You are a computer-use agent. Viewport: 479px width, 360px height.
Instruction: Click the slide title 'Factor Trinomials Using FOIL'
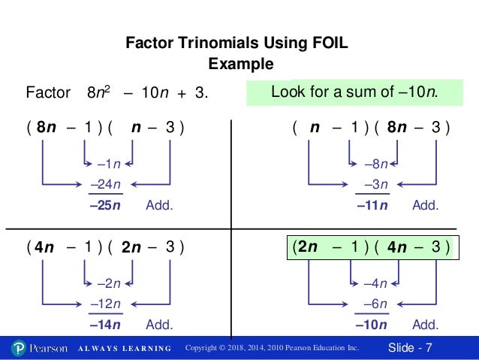point(239,44)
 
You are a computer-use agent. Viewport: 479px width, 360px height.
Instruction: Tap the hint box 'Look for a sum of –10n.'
point(354,93)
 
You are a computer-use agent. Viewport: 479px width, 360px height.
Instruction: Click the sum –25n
point(104,204)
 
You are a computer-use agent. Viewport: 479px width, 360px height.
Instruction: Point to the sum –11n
point(371,204)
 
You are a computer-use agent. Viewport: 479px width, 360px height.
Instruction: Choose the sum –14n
point(104,325)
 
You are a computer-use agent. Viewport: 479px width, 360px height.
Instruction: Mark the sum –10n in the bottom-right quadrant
point(371,325)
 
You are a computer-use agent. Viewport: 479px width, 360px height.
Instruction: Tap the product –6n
point(373,304)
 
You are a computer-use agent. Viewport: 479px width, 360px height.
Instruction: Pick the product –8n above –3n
point(374,163)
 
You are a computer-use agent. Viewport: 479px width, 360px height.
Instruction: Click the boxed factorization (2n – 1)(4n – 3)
point(370,247)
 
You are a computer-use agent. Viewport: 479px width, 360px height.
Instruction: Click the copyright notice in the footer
point(273,348)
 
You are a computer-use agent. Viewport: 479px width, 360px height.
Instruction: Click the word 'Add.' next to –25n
point(159,204)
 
